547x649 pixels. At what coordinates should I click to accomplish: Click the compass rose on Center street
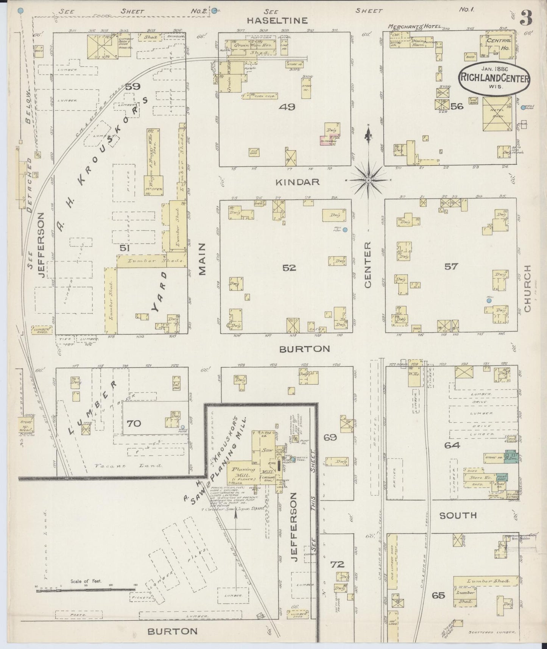pos(368,180)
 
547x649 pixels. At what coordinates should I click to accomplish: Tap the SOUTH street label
pos(458,515)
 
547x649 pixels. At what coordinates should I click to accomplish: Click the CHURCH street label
pos(527,289)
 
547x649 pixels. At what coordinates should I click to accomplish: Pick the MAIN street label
pos(202,259)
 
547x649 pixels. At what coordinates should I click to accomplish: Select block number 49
pos(287,107)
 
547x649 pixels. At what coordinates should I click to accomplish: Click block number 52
pos(289,268)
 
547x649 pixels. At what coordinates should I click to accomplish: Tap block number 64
pos(452,445)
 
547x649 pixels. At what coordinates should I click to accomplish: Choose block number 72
pos(337,564)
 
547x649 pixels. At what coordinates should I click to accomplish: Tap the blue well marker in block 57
pos(489,301)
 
